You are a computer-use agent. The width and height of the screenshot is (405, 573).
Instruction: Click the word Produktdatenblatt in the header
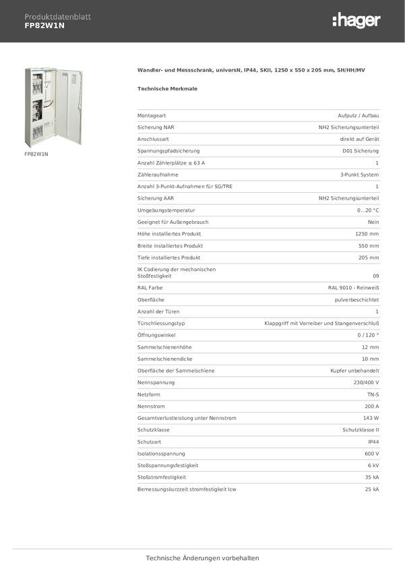(x=57, y=17)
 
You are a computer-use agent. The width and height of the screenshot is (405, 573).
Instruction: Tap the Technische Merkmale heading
(x=167, y=88)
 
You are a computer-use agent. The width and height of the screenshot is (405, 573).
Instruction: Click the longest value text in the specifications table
(x=321, y=323)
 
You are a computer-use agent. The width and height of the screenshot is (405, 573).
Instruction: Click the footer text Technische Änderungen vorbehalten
(x=203, y=558)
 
